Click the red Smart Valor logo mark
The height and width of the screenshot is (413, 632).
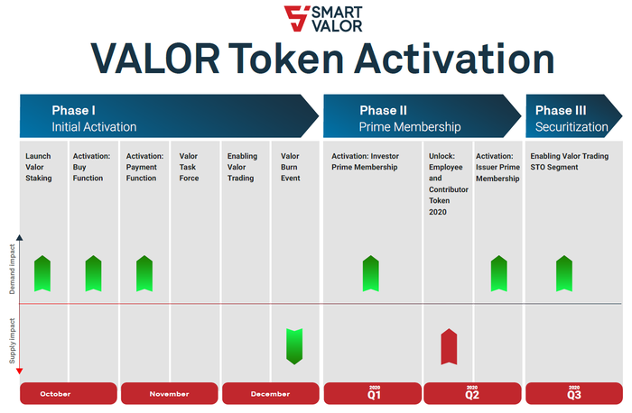click(x=296, y=18)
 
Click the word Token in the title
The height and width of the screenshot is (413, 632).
click(x=286, y=59)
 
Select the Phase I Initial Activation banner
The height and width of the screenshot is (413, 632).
click(x=170, y=116)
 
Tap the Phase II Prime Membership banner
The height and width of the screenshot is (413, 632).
click(x=422, y=116)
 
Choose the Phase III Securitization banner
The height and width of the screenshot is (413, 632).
click(x=574, y=116)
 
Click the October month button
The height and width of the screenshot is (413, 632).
click(x=68, y=393)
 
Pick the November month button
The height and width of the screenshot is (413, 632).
click(x=170, y=393)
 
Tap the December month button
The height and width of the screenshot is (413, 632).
click(x=271, y=393)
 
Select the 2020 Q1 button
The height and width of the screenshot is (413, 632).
click(x=373, y=393)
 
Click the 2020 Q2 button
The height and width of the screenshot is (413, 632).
click(x=472, y=393)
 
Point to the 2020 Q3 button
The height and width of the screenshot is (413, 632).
click(x=574, y=393)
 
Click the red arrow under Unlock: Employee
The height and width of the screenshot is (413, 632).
click(x=449, y=346)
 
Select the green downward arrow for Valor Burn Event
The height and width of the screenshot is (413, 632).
click(x=294, y=346)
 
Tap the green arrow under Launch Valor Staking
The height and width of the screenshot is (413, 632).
click(x=42, y=273)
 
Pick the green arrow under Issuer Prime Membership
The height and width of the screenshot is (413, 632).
click(x=499, y=273)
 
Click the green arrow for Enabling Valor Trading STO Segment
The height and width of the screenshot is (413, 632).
click(x=564, y=273)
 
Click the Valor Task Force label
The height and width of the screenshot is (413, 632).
click(x=189, y=167)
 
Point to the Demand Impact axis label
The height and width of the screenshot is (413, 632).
click(x=12, y=269)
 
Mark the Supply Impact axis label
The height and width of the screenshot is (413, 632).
click(x=12, y=341)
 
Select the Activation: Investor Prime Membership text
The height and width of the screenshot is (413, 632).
click(x=365, y=161)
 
